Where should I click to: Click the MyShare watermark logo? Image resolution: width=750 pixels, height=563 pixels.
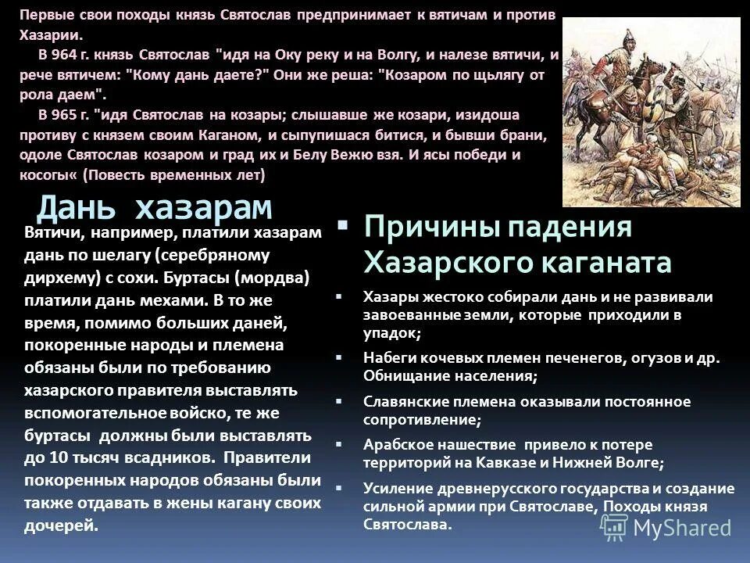click(672, 527)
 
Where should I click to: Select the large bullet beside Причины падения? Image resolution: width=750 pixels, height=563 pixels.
click(341, 226)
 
